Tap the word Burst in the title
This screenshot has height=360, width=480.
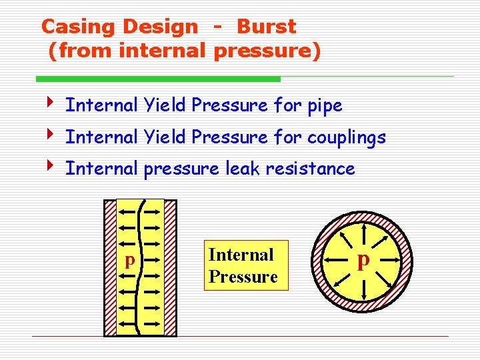tap(267, 27)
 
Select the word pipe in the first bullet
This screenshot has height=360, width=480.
tap(325, 105)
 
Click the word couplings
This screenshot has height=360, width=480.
tap(346, 137)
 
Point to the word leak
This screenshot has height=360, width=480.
tap(243, 169)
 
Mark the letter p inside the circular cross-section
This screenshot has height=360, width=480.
tap(363, 259)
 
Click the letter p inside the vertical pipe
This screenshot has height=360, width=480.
tap(130, 259)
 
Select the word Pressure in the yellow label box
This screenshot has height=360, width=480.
tap(243, 277)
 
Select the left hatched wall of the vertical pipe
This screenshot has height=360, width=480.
tap(111, 267)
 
